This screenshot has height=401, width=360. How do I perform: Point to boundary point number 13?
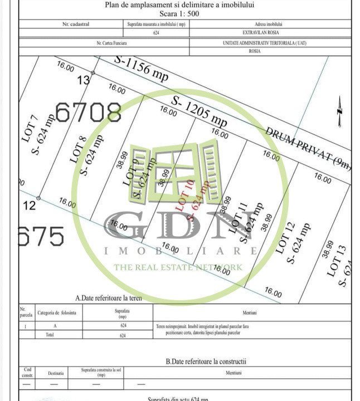pos(83,80)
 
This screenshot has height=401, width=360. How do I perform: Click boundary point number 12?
pos(30,206)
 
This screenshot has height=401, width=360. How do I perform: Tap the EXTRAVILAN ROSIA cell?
pos(268,33)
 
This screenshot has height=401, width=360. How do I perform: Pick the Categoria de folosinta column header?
pos(58,313)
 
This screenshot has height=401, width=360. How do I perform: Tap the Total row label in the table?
pos(50,335)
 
